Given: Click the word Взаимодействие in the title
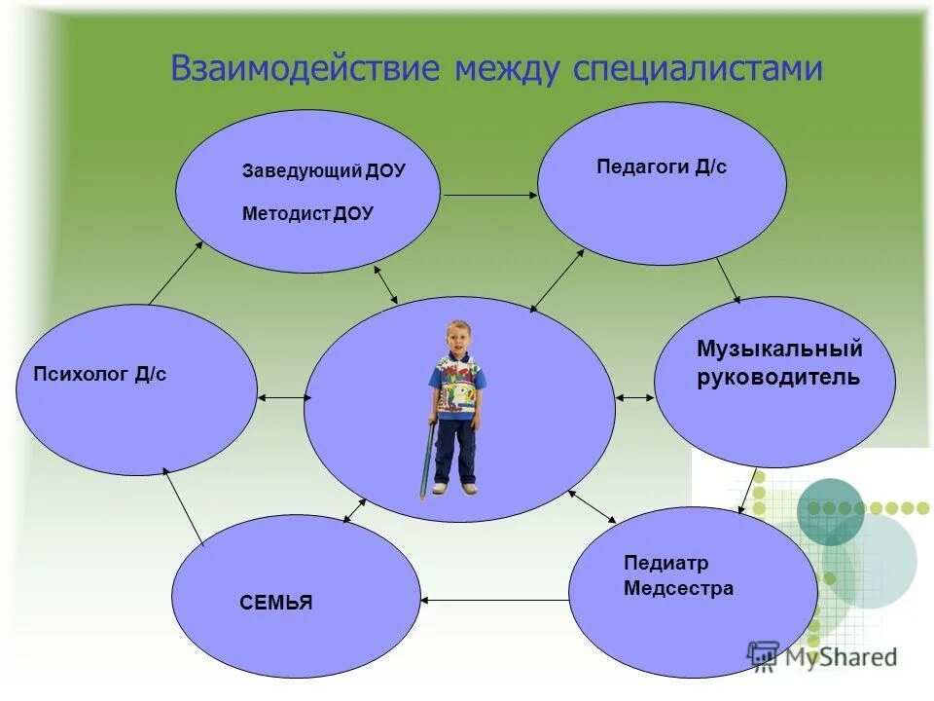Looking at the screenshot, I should tap(303, 69).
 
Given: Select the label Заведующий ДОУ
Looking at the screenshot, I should tap(323, 171).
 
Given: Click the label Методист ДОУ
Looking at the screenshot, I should tap(307, 214).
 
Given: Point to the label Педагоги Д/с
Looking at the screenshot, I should tap(662, 167).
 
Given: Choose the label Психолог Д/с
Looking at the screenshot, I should tap(100, 374).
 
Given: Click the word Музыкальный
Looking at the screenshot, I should tap(779, 349).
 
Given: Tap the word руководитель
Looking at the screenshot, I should tap(778, 378).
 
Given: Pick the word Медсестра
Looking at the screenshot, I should tap(678, 588).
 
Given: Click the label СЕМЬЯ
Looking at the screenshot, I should tap(276, 603).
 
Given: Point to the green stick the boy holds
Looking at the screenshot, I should tap(426, 458).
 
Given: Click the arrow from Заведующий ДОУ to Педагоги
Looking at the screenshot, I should tap(489, 196).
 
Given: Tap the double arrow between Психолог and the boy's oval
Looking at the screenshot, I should tap(284, 397).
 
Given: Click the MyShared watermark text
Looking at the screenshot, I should tap(842, 657).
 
